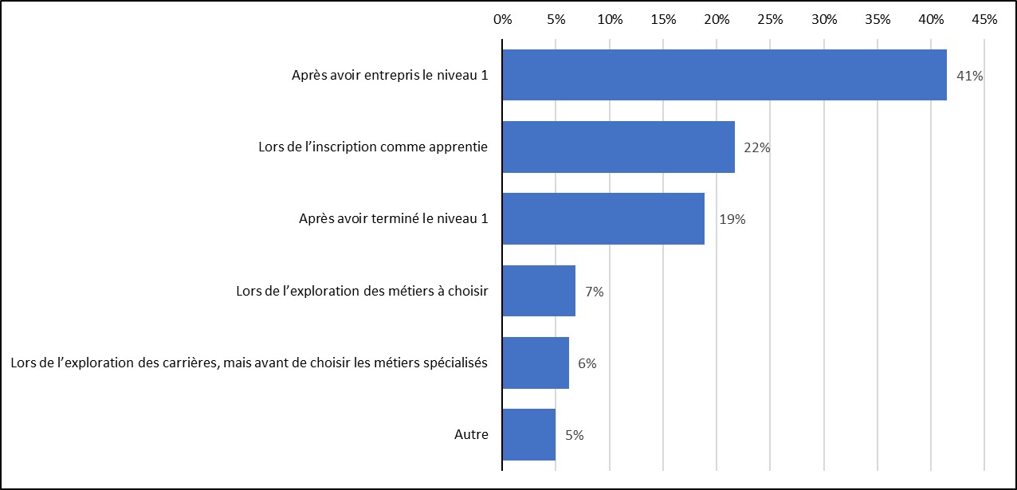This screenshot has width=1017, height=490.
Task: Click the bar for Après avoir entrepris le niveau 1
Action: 724,75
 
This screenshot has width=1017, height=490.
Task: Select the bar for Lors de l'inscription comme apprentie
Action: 618,147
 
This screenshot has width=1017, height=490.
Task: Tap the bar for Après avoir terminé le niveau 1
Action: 603,218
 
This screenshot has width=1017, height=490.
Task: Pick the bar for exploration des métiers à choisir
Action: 538,291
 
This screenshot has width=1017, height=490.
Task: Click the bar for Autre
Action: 528,435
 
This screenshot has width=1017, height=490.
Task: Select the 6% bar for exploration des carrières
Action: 535,363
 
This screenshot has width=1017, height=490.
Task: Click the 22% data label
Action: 757,148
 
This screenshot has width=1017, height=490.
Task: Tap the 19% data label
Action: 732,220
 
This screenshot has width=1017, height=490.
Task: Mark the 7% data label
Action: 594,292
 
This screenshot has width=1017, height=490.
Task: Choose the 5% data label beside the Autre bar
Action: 574,436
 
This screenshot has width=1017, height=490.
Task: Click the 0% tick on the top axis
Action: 502,20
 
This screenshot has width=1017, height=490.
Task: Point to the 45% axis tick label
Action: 984,20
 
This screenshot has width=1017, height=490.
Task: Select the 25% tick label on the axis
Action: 770,20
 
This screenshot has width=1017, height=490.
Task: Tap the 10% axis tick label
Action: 610,20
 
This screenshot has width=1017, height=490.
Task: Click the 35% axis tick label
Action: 878,20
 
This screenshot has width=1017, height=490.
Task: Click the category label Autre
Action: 471,435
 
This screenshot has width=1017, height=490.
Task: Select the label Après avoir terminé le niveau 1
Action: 388,219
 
